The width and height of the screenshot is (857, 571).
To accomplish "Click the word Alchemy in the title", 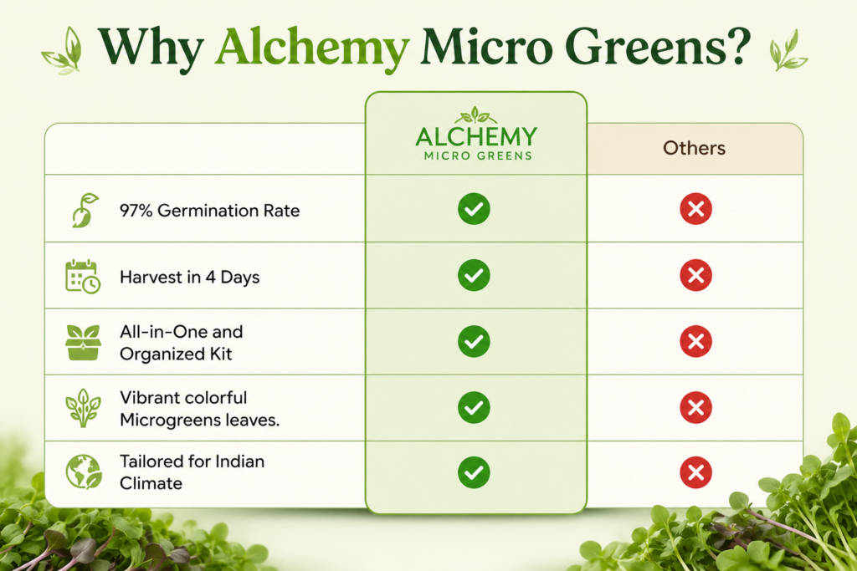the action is click(x=313, y=48).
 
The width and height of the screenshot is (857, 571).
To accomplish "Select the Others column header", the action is click(x=694, y=148).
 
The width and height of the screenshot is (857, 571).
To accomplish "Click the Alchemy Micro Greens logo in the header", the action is click(x=476, y=135).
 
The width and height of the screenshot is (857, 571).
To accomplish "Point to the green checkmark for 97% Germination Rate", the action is click(x=474, y=208).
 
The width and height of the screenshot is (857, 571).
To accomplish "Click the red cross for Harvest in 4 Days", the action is click(x=695, y=275).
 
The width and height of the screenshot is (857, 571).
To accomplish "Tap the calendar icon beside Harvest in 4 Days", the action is click(x=83, y=277).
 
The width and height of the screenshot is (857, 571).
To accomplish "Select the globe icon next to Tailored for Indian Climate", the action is click(x=84, y=472).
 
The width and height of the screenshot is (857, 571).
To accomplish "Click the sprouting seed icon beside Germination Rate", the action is click(x=85, y=210).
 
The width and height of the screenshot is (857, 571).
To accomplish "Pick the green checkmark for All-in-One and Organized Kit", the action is click(x=474, y=341).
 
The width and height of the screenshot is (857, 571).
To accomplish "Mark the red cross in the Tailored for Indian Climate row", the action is click(x=695, y=472).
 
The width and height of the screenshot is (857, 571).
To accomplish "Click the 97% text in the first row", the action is click(x=136, y=211).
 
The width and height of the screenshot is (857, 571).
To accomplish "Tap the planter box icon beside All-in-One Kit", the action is click(x=83, y=343).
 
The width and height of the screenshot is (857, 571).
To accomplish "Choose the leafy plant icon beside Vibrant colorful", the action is click(x=83, y=408).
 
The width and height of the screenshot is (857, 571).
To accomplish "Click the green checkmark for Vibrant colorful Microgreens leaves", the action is click(x=474, y=407).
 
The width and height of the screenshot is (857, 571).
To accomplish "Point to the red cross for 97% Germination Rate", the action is click(x=695, y=208).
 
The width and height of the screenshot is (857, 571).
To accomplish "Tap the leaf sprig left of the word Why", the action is click(x=62, y=51).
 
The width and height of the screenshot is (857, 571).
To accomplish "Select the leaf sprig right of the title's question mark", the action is click(x=788, y=50).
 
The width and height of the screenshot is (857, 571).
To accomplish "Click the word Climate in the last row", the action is click(x=151, y=484).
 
